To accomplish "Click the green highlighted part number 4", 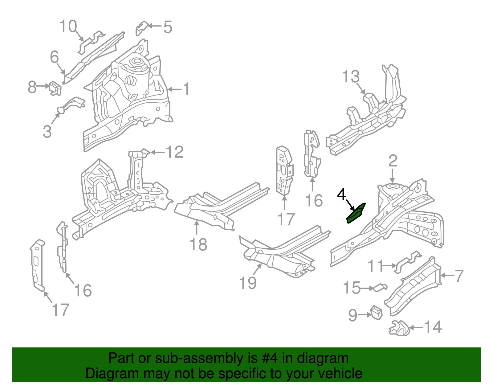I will pos(356,214).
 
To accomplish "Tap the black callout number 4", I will pos(341,194).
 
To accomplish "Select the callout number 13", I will pos(351,76).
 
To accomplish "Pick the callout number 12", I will pos(175,152).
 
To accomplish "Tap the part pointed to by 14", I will pos(399,328).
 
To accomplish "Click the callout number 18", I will pos(198,244).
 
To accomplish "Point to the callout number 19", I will pos(248,282).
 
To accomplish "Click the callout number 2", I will pos(393,161).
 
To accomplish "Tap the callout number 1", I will pos(186,89).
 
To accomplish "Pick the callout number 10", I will pos(68,26).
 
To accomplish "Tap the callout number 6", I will pos(54,57).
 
